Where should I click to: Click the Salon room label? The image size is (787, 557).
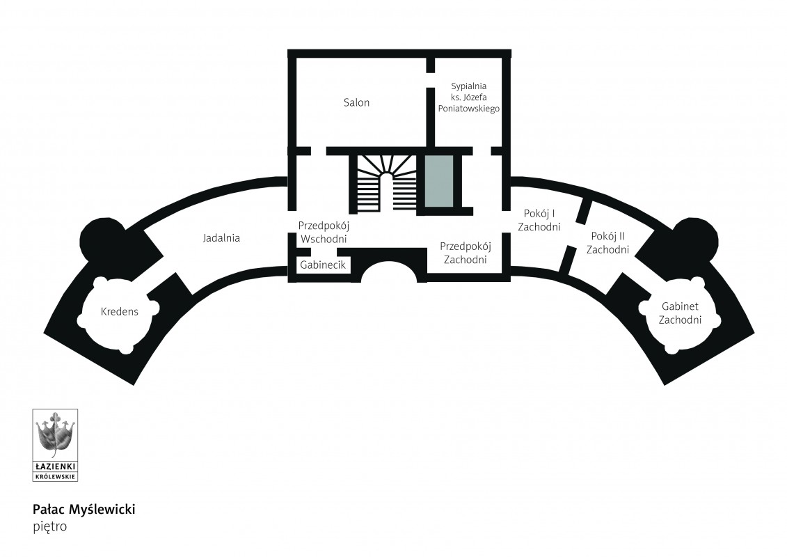pos(356,102)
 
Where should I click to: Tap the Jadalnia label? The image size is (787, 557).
pos(221,238)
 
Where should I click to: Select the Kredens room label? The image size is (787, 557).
pos(120,311)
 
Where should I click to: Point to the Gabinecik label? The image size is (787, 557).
pos(323,265)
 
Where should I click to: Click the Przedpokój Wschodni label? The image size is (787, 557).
pos(324,232)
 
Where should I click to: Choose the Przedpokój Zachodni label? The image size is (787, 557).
pos(466,253)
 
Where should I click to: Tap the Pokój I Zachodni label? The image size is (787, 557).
pos(539,220)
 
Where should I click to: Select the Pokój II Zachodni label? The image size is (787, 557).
pos(607,242)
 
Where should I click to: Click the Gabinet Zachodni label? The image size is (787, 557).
pos(680,313)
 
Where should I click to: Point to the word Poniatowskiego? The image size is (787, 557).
pos(469,109)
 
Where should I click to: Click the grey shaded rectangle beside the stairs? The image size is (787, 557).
pos(439,181)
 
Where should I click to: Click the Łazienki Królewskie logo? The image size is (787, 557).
pos(55,445)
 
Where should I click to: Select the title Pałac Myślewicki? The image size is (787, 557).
pos(84,509)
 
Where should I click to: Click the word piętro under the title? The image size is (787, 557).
pos(49,527)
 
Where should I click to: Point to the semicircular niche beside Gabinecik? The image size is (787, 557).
pos(390,270)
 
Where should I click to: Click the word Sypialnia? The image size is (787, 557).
pos(469,86)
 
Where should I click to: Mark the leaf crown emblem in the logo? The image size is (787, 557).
pos(55,435)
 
